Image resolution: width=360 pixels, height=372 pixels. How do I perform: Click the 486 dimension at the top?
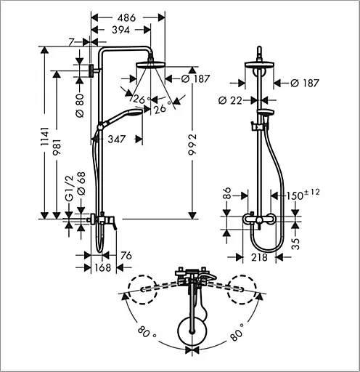[126, 17]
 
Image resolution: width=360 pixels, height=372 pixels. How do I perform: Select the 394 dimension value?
[121, 30]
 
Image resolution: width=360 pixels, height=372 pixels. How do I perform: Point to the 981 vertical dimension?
[57, 147]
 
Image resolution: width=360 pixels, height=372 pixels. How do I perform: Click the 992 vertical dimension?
[192, 145]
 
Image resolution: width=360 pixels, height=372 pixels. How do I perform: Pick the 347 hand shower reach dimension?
[117, 139]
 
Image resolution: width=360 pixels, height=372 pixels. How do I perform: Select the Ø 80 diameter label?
[80, 106]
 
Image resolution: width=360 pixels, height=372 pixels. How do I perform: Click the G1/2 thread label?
[69, 188]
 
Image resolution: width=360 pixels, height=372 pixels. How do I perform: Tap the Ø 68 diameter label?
[81, 183]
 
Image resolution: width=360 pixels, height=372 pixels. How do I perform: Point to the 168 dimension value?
[102, 267]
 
